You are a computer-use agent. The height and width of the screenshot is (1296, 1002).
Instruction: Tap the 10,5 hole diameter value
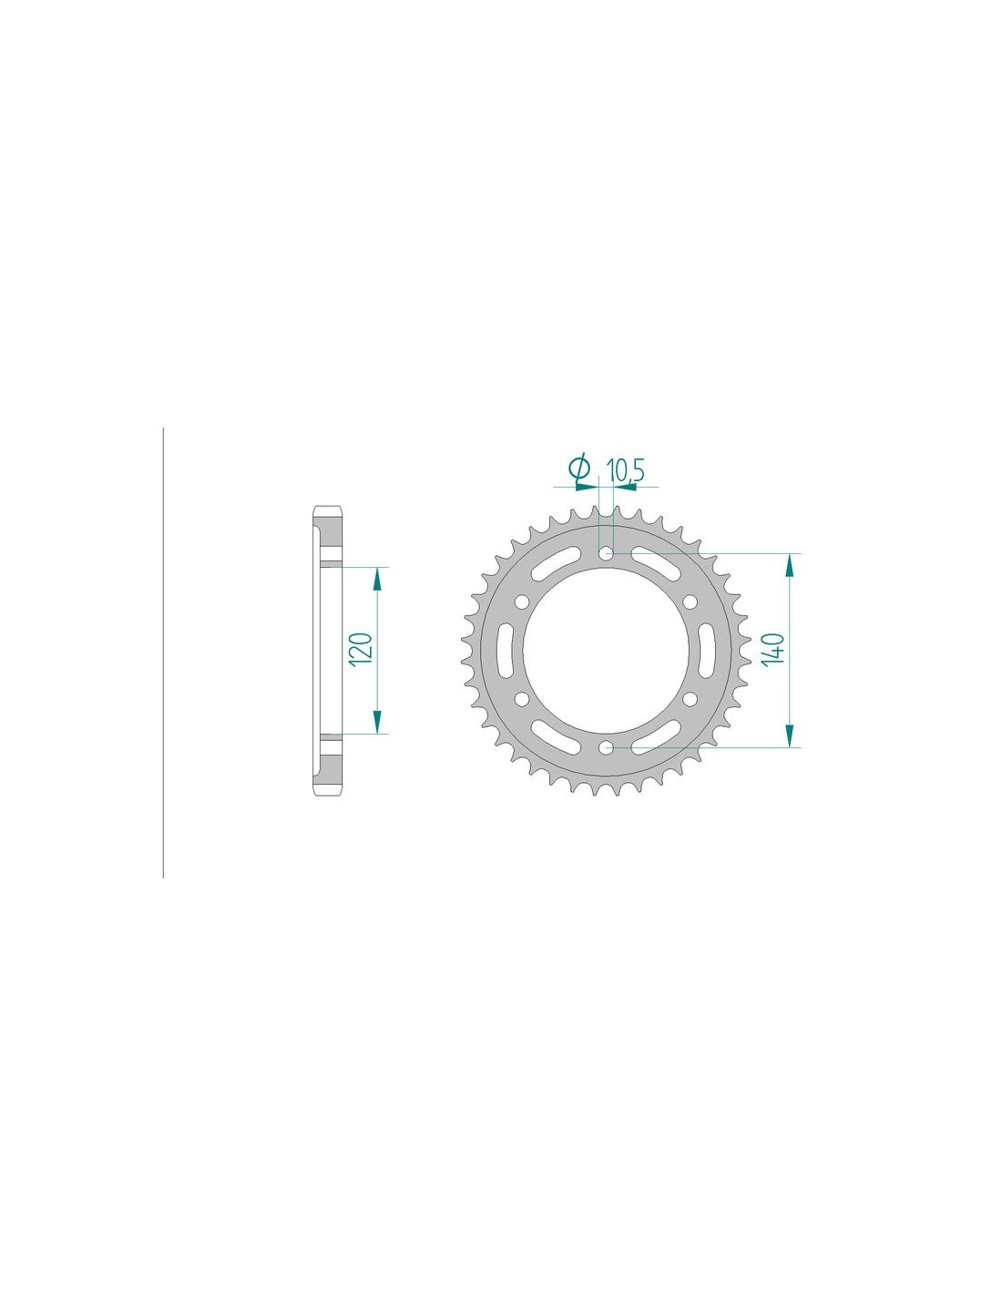click(x=625, y=471)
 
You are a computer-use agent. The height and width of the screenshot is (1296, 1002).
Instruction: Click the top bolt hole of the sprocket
click(x=606, y=553)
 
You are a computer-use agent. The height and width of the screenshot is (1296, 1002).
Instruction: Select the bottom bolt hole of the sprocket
click(x=606, y=746)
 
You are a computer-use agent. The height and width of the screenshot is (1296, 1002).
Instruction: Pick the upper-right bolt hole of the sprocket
click(x=690, y=602)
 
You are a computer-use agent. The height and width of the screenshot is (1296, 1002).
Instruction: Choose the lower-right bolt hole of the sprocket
click(x=690, y=698)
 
